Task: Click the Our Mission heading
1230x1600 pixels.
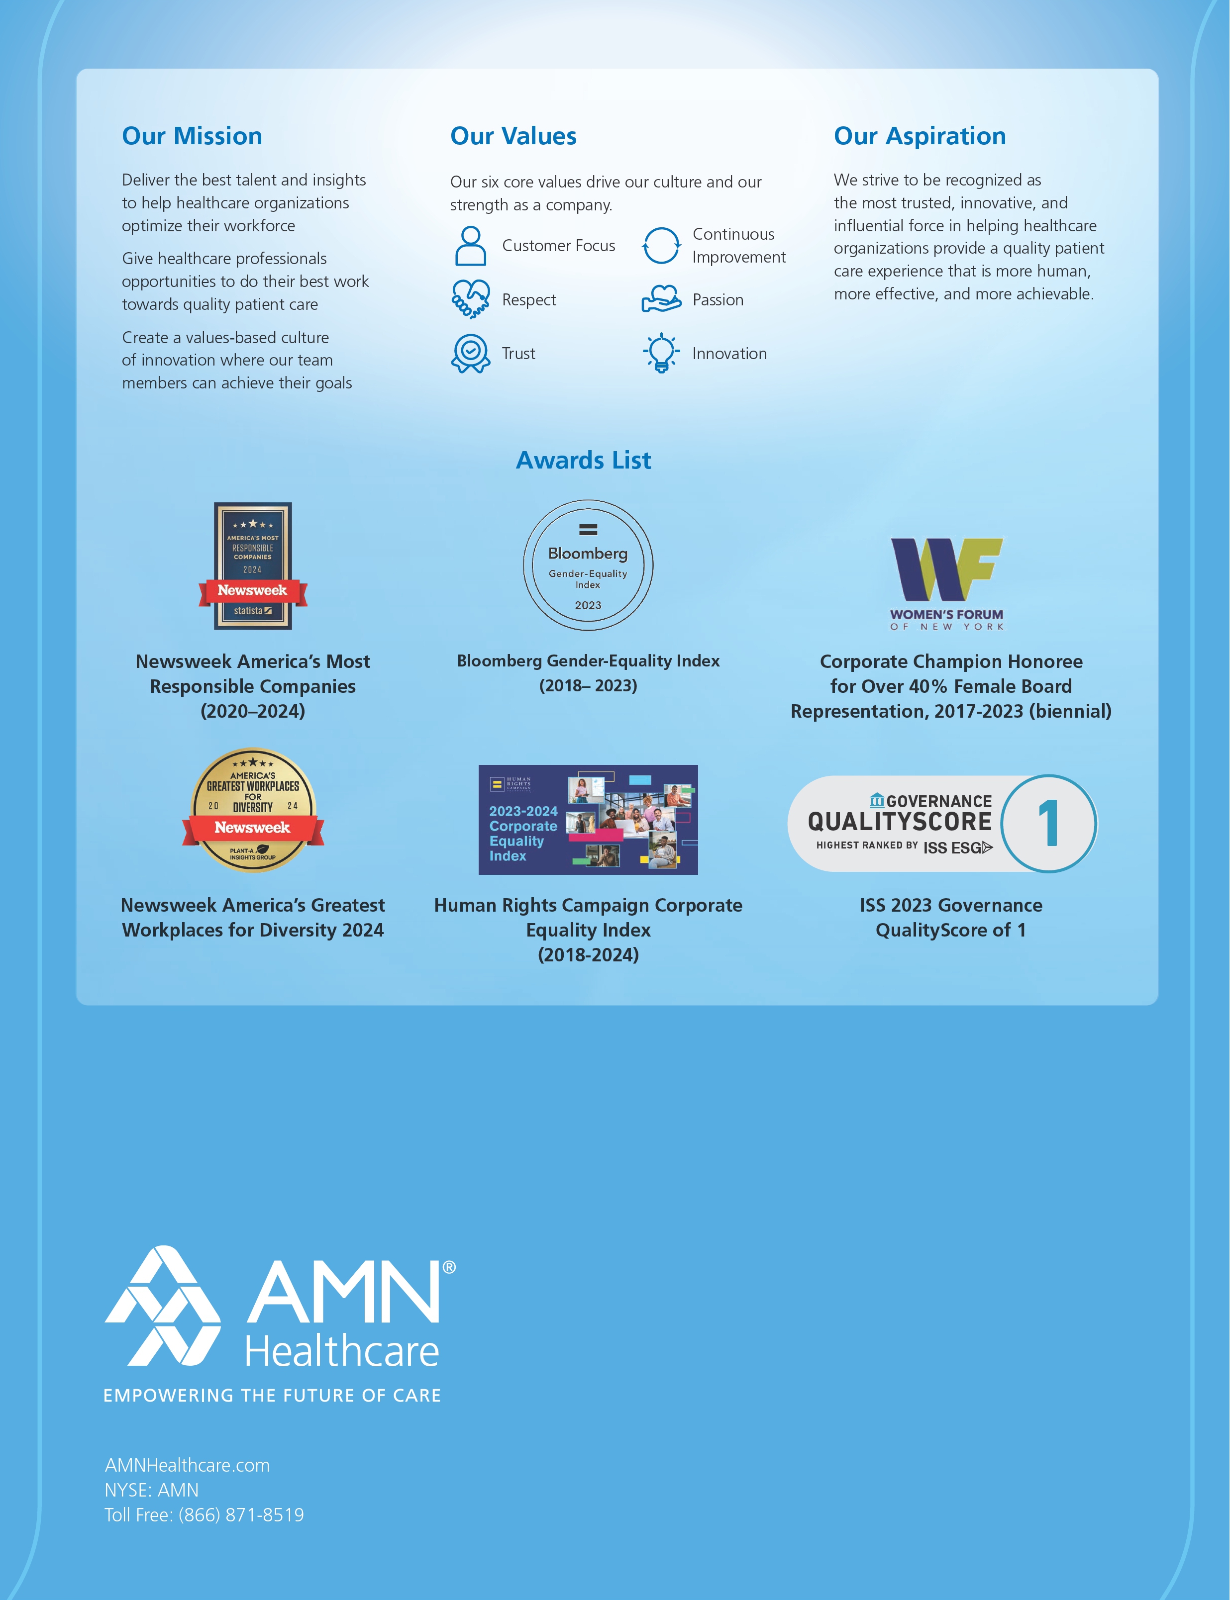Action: tap(192, 136)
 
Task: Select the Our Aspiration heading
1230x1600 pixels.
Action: tap(920, 136)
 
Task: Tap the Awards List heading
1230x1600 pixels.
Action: tap(584, 461)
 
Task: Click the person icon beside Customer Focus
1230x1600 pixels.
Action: tap(471, 245)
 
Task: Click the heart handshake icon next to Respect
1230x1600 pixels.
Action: tap(471, 299)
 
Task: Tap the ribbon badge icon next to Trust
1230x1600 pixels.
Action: tap(471, 354)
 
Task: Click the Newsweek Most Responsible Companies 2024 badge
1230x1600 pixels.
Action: tap(253, 566)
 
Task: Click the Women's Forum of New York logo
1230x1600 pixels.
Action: tap(947, 584)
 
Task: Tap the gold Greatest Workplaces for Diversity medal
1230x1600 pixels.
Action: tap(253, 810)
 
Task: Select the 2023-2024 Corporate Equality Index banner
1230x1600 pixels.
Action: tap(588, 820)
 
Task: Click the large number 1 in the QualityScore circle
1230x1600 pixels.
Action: tap(1048, 824)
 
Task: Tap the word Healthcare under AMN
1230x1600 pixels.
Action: tap(342, 1351)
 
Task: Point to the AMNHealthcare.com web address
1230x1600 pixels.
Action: tap(188, 1465)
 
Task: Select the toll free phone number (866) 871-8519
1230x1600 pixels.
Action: tap(241, 1515)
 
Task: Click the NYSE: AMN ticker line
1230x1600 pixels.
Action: tap(152, 1490)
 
